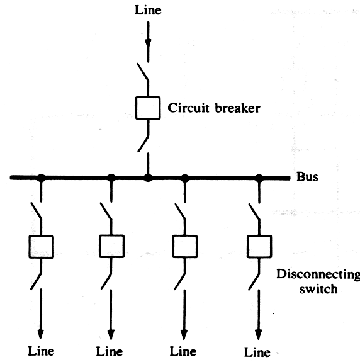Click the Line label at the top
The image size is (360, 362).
(x=148, y=11)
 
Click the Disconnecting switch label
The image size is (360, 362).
(x=318, y=282)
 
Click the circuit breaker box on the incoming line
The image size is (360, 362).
(x=148, y=108)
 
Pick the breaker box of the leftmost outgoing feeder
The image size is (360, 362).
(x=41, y=247)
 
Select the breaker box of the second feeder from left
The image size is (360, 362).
(x=111, y=247)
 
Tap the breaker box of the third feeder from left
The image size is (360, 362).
(x=184, y=247)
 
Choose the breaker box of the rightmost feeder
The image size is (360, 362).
(x=259, y=246)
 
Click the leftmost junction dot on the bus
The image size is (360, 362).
(x=41, y=178)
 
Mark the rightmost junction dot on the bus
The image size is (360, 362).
(x=259, y=178)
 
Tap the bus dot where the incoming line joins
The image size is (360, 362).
(x=148, y=178)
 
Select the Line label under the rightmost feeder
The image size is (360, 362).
(x=258, y=351)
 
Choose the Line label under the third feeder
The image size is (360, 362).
(x=184, y=351)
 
